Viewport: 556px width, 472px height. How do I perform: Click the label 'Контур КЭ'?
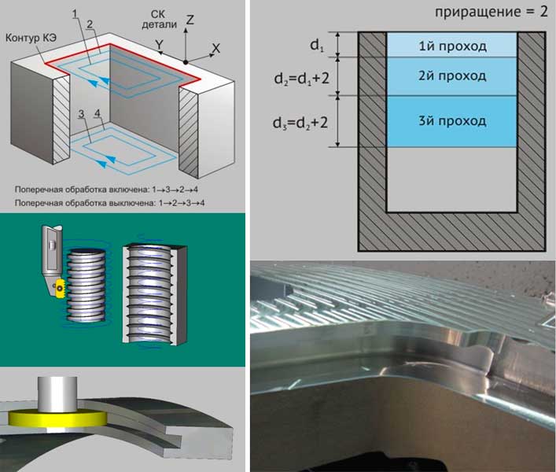tap(31, 38)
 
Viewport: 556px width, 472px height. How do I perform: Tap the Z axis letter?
tap(190, 19)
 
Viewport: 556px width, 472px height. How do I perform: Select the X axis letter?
tap(215, 48)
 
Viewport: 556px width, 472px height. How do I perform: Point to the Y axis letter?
tap(159, 44)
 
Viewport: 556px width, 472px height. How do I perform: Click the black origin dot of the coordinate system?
tap(186, 62)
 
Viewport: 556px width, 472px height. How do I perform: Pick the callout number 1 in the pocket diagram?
tap(75, 14)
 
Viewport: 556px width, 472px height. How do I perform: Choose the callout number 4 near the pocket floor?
tap(98, 112)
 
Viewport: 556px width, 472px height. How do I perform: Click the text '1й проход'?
tap(452, 46)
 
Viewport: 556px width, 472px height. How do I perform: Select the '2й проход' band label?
tap(452, 76)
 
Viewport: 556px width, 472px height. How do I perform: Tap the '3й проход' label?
tap(452, 120)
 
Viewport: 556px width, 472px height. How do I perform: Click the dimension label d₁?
tap(317, 46)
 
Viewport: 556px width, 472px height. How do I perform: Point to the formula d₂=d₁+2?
tap(301, 78)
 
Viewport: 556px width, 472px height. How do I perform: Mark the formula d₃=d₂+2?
tap(300, 123)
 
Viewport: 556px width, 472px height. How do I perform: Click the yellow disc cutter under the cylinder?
tap(57, 419)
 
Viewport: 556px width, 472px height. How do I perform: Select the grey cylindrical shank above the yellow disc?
tap(57, 394)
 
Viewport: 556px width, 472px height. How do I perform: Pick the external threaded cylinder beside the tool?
tap(87, 285)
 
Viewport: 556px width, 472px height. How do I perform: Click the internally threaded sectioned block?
tap(155, 294)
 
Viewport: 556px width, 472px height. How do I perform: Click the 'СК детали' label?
tap(159, 19)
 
